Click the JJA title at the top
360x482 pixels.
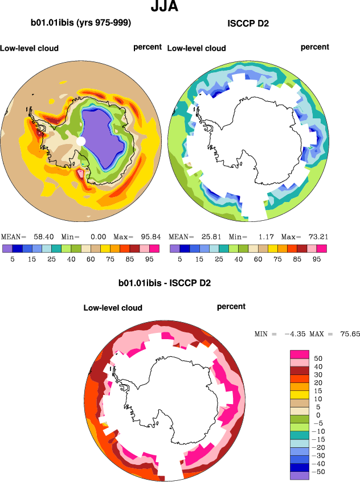click(x=165, y=7)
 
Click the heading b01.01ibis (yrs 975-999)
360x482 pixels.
click(x=81, y=23)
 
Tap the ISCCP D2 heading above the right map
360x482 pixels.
click(x=248, y=23)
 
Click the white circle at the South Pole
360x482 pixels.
click(x=81, y=141)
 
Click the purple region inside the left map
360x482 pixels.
click(x=103, y=137)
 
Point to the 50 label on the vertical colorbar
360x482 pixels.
click(x=318, y=359)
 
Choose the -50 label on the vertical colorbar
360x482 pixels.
click(x=320, y=471)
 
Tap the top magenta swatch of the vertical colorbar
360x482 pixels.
click(x=300, y=354)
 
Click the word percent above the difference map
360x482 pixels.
click(x=231, y=307)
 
